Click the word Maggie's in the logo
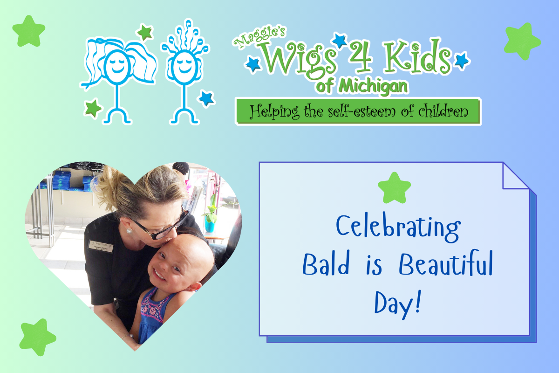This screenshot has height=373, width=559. [259, 37]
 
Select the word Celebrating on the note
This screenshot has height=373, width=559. [398, 228]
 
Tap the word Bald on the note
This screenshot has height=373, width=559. [326, 264]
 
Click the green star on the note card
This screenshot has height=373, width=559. [394, 188]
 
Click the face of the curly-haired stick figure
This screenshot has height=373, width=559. [184, 67]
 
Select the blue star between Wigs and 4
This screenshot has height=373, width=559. [340, 40]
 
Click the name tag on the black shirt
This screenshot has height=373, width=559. [101, 246]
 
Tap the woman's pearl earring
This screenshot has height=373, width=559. [129, 231]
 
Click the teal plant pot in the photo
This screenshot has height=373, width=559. [209, 224]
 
